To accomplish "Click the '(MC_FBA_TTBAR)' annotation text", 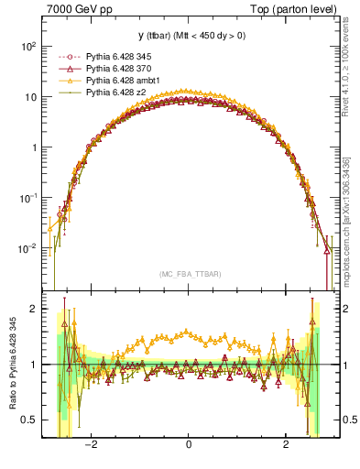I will pyautogui.click(x=188, y=275).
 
